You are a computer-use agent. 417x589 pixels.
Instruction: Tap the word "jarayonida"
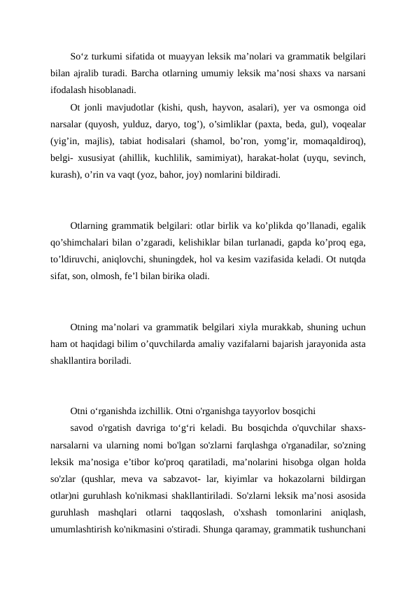point(327,343)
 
